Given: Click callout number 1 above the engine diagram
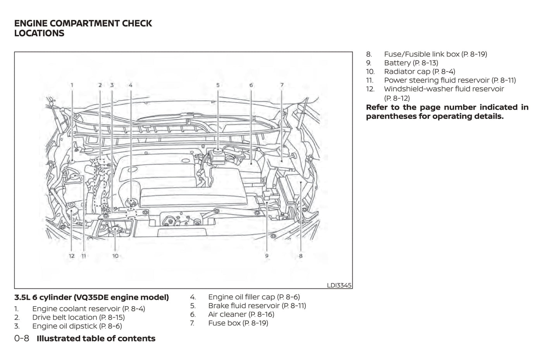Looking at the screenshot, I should [72, 85].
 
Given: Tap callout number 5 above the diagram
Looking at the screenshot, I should [218, 85].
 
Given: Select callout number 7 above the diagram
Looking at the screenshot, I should [282, 85].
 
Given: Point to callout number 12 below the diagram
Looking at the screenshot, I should [72, 256].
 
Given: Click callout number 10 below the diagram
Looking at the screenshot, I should [115, 256].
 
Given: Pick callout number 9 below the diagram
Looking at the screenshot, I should [267, 256].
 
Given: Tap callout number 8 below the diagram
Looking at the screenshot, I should [300, 256].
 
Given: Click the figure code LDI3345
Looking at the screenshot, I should [339, 285].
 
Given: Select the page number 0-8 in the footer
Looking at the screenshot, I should [22, 338].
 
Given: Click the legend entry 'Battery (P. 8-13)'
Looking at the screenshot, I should [411, 63].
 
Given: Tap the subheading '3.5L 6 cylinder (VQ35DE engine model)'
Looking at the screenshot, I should [91, 298].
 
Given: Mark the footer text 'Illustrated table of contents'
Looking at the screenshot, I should [96, 338].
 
